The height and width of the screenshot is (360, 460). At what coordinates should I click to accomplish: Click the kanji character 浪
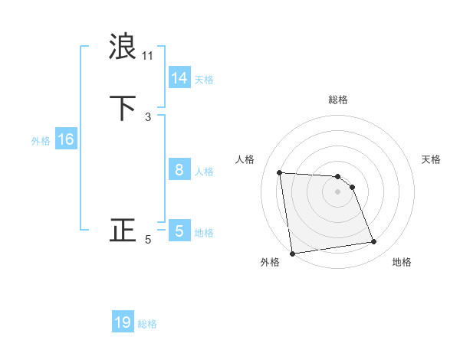123,47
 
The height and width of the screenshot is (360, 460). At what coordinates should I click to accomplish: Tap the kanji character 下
123,108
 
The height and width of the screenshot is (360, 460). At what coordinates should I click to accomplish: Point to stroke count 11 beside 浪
148,56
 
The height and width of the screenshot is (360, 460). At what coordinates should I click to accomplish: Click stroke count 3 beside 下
148,117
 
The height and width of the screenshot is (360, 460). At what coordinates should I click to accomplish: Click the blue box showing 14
179,78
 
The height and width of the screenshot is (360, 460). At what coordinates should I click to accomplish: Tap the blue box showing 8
179,170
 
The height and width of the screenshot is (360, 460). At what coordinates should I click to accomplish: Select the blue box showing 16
65,139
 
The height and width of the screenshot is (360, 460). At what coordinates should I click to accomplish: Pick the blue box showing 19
123,322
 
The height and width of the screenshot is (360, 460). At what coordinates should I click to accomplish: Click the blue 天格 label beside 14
204,80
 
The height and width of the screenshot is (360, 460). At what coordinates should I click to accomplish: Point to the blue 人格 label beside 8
204,172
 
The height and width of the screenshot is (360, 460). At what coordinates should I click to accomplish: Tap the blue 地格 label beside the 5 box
204,233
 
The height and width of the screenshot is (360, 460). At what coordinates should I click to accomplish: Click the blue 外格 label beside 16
41,141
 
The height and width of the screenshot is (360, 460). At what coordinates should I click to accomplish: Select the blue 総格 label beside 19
147,324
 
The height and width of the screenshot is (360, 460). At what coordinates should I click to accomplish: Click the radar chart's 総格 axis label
338,100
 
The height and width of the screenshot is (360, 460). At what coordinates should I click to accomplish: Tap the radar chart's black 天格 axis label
432,159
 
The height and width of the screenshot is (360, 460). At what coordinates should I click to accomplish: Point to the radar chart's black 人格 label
245,159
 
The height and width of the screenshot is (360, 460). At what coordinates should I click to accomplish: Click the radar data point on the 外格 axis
292,254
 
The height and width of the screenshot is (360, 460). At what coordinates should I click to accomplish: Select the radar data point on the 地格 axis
374,242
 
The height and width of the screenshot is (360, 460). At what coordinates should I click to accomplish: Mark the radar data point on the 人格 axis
280,172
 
